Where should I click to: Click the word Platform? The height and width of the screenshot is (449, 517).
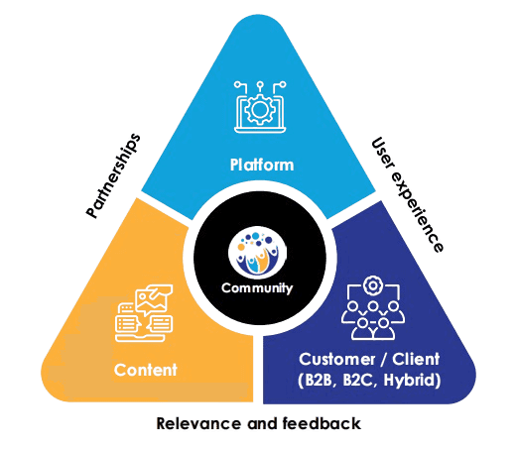tap(262, 165)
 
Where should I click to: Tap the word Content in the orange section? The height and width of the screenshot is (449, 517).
tap(146, 370)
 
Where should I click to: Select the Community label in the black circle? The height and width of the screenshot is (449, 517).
tap(257, 288)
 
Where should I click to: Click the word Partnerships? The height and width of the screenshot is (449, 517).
tap(113, 175)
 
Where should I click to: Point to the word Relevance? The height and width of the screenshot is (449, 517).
tap(198, 423)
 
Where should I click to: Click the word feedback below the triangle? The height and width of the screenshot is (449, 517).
tap(322, 423)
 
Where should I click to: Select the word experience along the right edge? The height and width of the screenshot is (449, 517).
tap(417, 212)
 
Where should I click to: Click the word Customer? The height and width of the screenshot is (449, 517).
tap(337, 360)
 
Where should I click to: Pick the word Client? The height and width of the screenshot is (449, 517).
tap(416, 359)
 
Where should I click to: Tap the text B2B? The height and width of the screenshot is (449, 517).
tap(318, 380)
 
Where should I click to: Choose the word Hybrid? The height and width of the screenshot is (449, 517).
tap(410, 381)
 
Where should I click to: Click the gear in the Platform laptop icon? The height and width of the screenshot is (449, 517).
tap(260, 109)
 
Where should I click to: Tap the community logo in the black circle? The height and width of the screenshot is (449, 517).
tap(257, 253)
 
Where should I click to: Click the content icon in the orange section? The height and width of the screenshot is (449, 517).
tap(144, 313)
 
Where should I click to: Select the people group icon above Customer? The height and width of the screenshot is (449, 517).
tap(373, 308)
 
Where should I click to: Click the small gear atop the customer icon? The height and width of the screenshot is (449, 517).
tap(373, 285)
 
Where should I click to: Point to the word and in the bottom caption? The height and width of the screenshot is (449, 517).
tap(262, 423)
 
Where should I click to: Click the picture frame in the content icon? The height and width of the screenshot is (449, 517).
tap(154, 299)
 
